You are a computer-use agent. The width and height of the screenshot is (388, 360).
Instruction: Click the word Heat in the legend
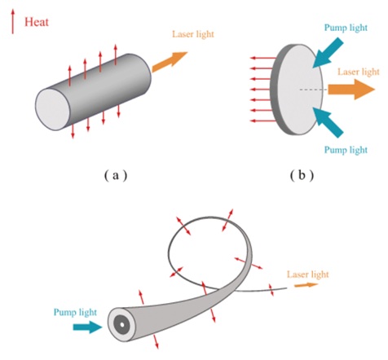tap(37, 22)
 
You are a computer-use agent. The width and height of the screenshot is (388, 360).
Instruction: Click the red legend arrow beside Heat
tap(12, 21)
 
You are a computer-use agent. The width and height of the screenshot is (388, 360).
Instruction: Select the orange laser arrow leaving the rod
tap(170, 62)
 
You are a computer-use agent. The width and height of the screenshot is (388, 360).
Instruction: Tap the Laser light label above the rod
tap(193, 34)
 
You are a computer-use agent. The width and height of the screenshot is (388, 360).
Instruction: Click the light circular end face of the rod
tap(53, 109)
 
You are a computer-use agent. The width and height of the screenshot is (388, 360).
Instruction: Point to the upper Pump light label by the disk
tap(346, 28)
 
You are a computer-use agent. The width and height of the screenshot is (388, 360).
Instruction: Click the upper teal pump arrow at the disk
tap(328, 53)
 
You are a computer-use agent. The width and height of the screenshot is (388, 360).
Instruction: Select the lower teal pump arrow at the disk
tap(328, 122)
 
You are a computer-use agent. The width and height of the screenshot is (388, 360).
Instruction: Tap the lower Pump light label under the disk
tap(346, 150)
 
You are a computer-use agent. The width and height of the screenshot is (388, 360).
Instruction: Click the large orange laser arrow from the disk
tap(351, 90)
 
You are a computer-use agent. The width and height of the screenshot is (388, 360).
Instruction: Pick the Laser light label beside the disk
tap(359, 72)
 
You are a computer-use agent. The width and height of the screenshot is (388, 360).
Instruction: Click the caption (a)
tap(116, 176)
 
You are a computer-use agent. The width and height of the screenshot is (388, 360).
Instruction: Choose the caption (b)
tap(302, 176)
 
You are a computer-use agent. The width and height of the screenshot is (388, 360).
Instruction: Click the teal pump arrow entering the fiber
tap(87, 327)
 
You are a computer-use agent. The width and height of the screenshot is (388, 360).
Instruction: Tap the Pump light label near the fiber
tap(75, 312)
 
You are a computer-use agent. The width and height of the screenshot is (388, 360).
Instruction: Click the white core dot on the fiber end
tap(121, 325)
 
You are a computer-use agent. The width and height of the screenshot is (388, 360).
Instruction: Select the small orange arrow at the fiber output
tap(306, 285)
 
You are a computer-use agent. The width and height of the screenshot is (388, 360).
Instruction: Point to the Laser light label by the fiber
tap(308, 274)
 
